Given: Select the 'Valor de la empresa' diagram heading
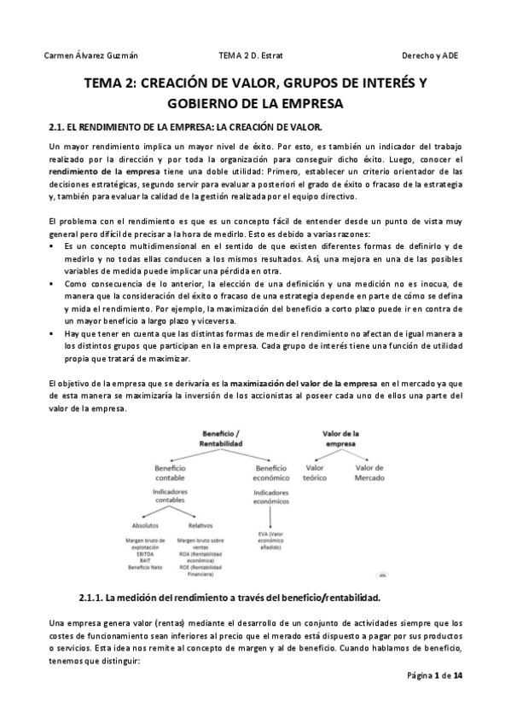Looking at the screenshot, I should click(x=340, y=439).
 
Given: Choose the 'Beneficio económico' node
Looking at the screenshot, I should click(x=270, y=473).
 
